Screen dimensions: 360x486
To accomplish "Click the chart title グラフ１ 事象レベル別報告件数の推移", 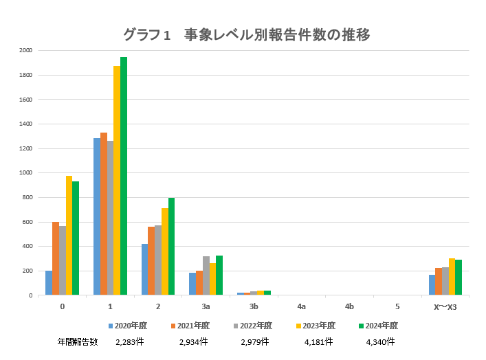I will (247, 34).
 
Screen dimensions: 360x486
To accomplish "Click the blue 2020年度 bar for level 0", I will (49, 283).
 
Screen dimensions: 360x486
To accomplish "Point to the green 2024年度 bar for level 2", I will (172, 247).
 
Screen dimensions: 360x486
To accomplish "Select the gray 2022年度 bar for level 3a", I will (206, 275).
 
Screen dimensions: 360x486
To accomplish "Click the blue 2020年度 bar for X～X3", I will (432, 285).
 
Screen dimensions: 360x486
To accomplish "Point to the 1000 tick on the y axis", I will (26, 173).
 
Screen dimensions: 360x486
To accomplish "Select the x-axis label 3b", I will (254, 306).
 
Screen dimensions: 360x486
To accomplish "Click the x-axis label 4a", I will (302, 306).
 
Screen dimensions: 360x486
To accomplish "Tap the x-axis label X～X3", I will (445, 306).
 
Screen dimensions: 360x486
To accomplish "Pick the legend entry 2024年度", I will (381, 326).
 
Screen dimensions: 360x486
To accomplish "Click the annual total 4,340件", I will (381, 341).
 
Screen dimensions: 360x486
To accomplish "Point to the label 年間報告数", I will (78, 341).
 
